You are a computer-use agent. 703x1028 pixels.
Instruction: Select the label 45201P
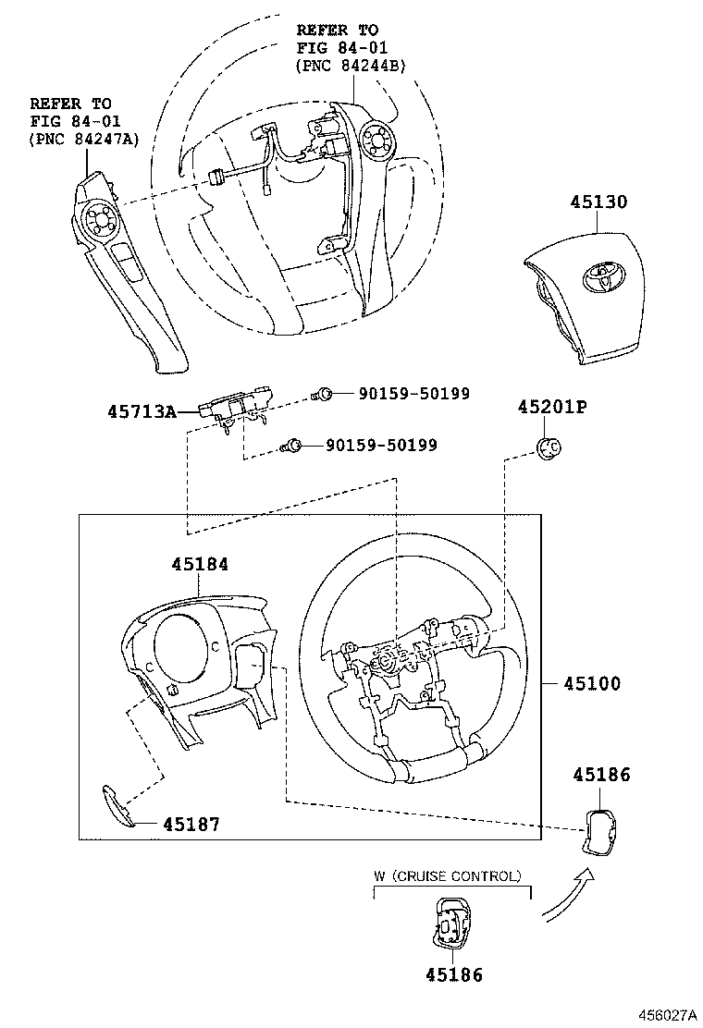click(x=552, y=407)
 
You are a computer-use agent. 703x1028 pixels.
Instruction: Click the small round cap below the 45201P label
click(x=549, y=447)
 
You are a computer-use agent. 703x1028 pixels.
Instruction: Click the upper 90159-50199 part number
click(x=413, y=394)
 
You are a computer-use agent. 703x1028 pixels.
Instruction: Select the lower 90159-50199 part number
click(x=381, y=446)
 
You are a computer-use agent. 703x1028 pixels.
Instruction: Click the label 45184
click(x=199, y=564)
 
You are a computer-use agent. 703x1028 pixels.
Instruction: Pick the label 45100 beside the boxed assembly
click(x=591, y=684)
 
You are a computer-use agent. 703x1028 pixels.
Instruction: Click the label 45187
click(x=191, y=824)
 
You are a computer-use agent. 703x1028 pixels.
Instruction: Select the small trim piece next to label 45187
click(x=117, y=804)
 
